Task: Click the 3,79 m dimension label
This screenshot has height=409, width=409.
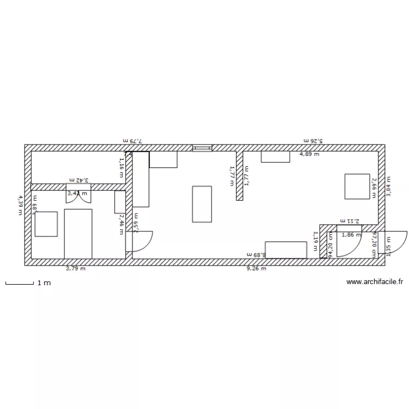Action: pyautogui.click(x=75, y=268)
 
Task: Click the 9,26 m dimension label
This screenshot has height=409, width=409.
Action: pyautogui.click(x=256, y=268)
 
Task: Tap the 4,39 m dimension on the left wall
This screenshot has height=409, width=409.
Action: pyautogui.click(x=20, y=205)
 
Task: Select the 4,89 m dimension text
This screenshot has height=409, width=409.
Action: pyautogui.click(x=309, y=154)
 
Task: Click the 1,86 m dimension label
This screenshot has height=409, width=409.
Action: pyautogui.click(x=351, y=235)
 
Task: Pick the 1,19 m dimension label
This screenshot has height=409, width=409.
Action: pyautogui.click(x=315, y=240)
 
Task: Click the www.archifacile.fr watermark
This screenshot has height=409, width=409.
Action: pyautogui.click(x=375, y=282)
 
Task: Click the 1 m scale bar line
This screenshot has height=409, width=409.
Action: pyautogui.click(x=20, y=283)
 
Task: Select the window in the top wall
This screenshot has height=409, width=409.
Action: pyautogui.click(x=202, y=147)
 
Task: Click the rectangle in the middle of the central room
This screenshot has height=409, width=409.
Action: pyautogui.click(x=202, y=204)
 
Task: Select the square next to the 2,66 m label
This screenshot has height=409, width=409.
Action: pyautogui.click(x=357, y=187)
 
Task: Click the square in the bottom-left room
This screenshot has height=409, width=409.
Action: pyautogui.click(x=46, y=224)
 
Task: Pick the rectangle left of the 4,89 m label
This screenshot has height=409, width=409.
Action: pyautogui.click(x=275, y=157)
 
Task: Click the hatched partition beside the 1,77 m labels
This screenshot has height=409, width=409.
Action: pyautogui.click(x=239, y=175)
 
